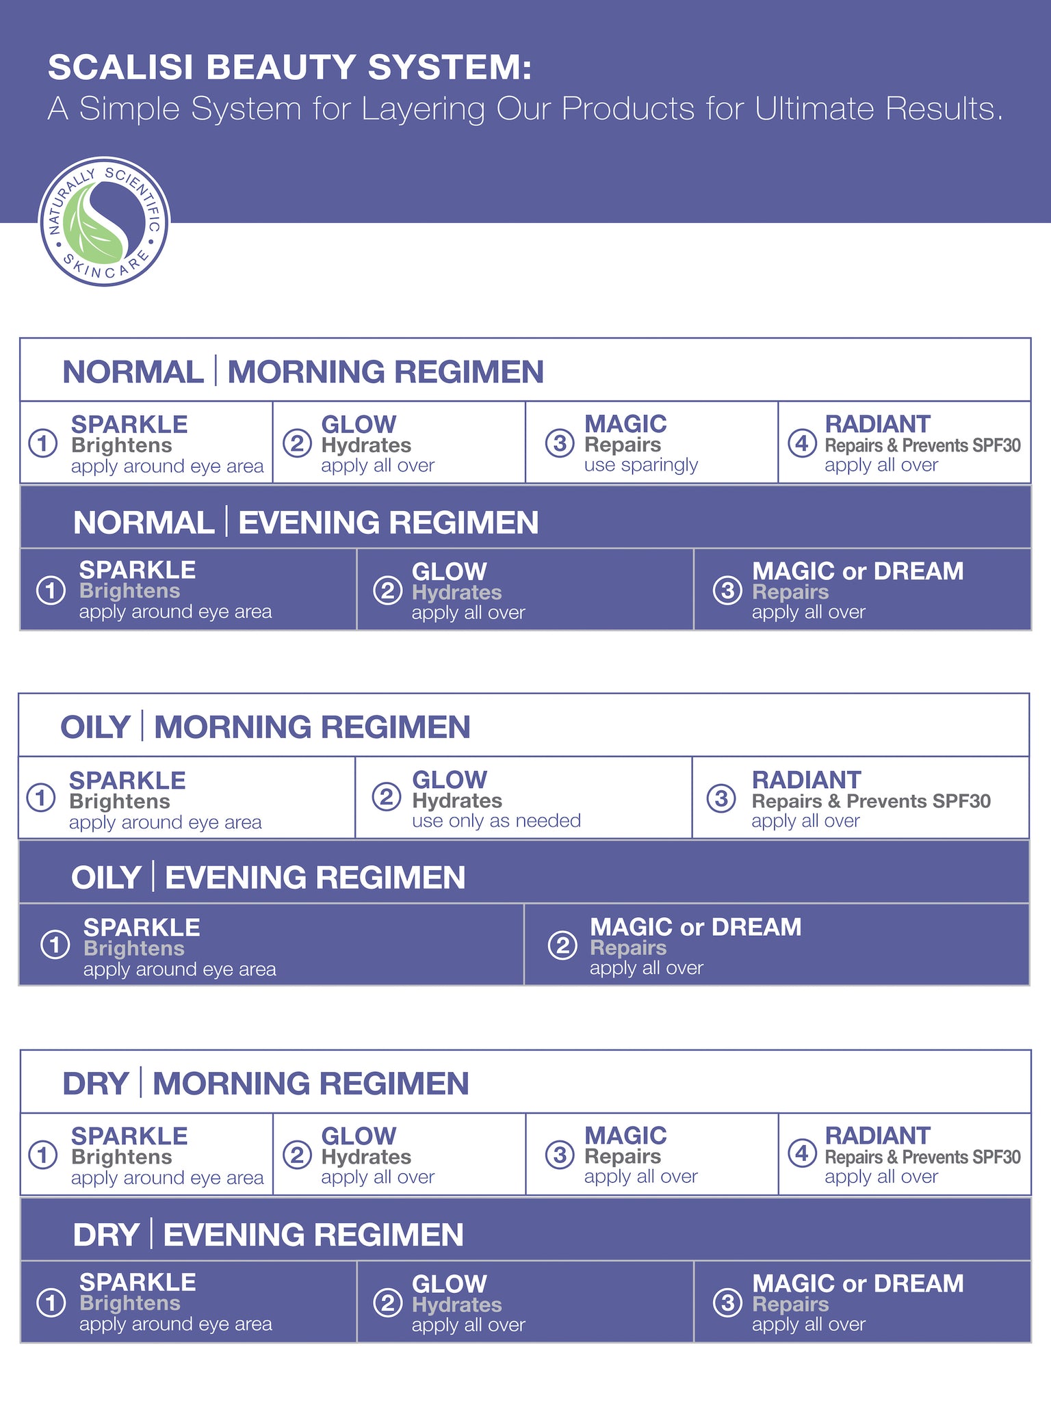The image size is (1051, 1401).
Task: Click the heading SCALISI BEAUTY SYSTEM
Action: click(x=289, y=68)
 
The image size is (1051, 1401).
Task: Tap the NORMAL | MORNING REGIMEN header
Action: click(x=302, y=371)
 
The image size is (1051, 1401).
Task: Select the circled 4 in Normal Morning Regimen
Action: click(x=801, y=443)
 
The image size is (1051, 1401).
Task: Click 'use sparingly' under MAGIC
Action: click(x=640, y=465)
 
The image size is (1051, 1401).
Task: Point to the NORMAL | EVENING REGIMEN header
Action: click(x=305, y=523)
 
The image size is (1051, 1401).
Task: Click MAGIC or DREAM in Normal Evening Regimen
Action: click(x=857, y=571)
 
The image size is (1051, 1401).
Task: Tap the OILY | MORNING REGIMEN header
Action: click(x=265, y=726)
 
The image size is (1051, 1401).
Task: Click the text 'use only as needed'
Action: click(x=496, y=821)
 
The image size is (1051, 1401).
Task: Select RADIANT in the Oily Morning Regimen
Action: click(x=805, y=780)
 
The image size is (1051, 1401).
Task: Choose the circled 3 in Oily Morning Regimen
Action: click(x=721, y=798)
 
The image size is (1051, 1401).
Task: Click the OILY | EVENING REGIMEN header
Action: click(x=268, y=878)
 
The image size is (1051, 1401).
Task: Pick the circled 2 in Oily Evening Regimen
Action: click(x=562, y=946)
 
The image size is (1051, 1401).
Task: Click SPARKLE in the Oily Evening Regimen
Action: click(x=142, y=927)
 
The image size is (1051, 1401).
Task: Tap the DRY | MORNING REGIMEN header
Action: click(x=265, y=1084)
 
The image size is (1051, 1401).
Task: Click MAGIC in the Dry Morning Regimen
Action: click(x=625, y=1136)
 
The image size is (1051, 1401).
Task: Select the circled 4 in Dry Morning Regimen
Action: click(x=801, y=1155)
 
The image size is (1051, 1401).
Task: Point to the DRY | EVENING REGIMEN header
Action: click(x=268, y=1235)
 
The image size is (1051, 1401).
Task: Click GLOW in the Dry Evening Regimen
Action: click(x=449, y=1284)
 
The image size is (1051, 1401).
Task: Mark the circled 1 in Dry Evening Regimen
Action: click(x=51, y=1302)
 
